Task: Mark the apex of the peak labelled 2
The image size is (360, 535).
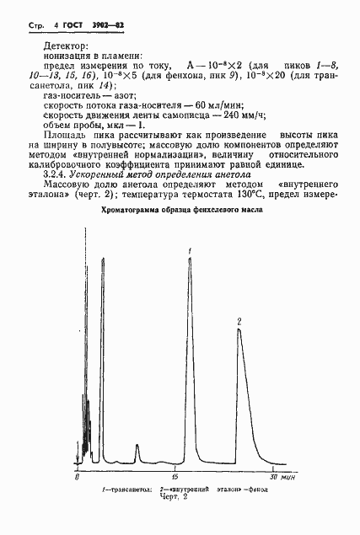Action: tap(239, 329)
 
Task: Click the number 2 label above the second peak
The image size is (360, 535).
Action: tap(239, 321)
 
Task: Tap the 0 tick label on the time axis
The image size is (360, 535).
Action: tap(78, 478)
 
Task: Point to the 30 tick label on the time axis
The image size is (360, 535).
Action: tap(273, 478)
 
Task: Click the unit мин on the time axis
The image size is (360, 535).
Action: tap(288, 478)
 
